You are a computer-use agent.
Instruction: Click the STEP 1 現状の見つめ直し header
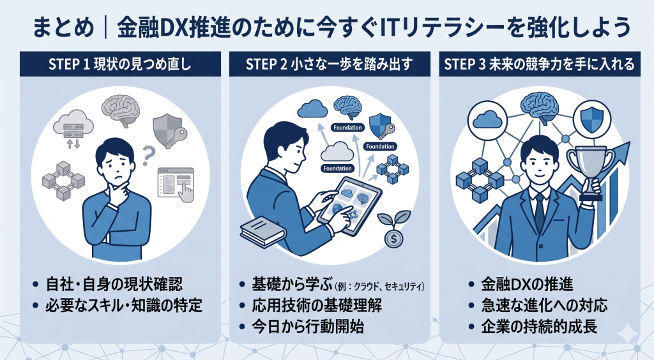tap(119, 64)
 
